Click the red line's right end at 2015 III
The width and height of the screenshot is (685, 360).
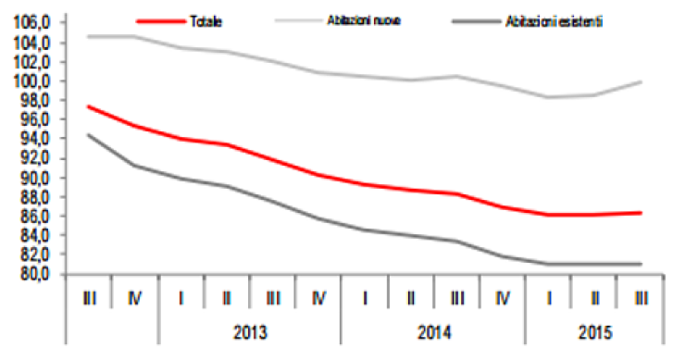[641, 213]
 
